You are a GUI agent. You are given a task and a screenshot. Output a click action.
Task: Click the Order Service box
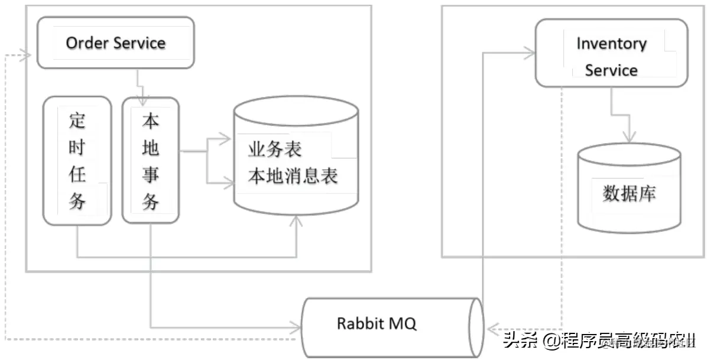point(115,43)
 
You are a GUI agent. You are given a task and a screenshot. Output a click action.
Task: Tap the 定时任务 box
point(77,161)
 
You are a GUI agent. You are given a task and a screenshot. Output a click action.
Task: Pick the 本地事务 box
point(150,161)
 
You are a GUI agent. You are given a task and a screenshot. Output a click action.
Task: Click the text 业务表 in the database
point(275,149)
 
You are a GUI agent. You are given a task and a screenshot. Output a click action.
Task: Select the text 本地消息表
point(293,176)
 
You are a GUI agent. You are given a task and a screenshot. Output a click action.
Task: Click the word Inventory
point(611,44)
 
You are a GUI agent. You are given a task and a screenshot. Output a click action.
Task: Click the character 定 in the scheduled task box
point(77,121)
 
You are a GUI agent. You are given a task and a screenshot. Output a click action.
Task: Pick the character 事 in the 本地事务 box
point(150,175)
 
